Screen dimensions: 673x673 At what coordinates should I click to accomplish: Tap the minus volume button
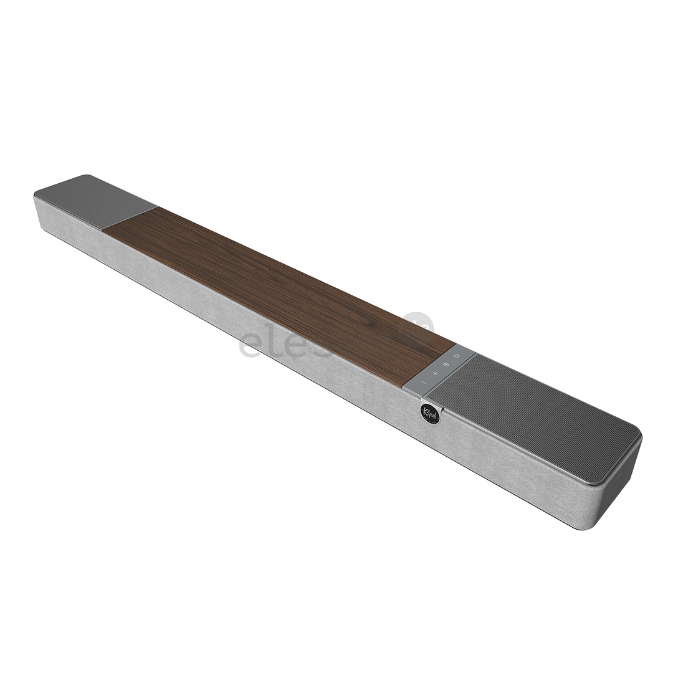pos(423,382)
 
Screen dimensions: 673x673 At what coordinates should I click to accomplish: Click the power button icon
pos(457,356)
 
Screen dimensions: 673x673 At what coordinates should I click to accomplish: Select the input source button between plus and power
pos(446,364)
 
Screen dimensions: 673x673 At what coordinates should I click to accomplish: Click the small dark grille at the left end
pos(93,199)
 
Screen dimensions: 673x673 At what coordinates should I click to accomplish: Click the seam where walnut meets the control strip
pos(430,365)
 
